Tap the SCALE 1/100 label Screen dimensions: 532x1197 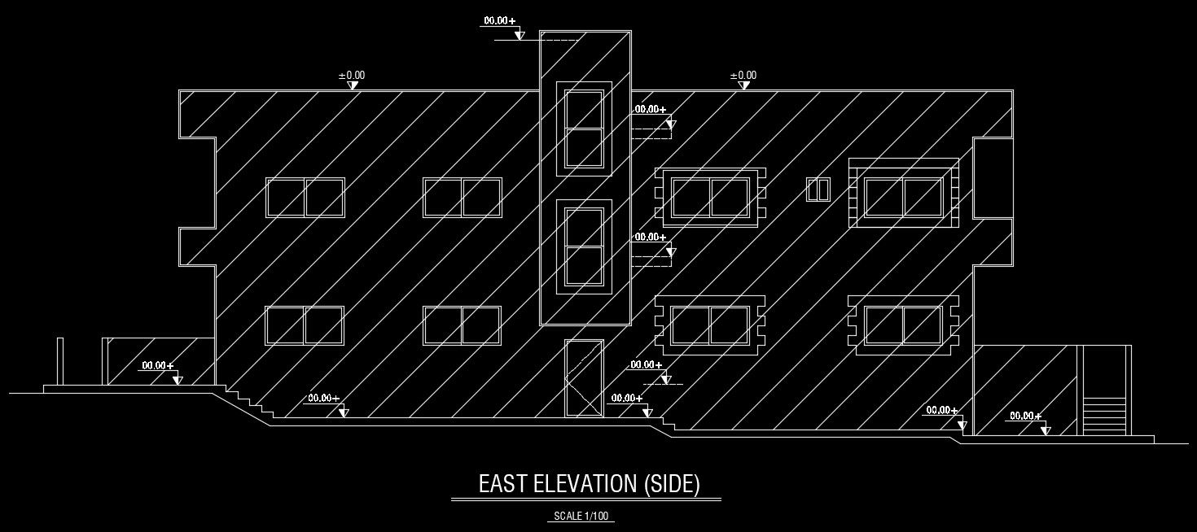pyautogui.click(x=581, y=516)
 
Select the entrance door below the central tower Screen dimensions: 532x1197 pyautogui.click(x=583, y=379)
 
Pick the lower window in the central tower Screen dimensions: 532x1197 pyautogui.click(x=584, y=246)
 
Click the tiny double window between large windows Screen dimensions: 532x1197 pyautogui.click(x=818, y=190)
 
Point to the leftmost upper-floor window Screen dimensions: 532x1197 pyautogui.click(x=305, y=198)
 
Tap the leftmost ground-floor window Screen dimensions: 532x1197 pyautogui.click(x=305, y=325)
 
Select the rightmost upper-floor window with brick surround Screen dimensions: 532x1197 pyautogui.click(x=903, y=198)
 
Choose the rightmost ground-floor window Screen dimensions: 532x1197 pyautogui.click(x=903, y=325)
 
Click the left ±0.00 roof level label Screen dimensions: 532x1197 pyautogui.click(x=352, y=76)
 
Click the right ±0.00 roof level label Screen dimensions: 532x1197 pyautogui.click(x=743, y=76)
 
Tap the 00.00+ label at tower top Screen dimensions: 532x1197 pyautogui.click(x=499, y=20)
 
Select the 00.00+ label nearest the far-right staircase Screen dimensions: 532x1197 pyautogui.click(x=1025, y=416)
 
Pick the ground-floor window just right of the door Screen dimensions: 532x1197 pyautogui.click(x=709, y=325)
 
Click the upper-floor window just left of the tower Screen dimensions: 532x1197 pyautogui.click(x=462, y=198)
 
